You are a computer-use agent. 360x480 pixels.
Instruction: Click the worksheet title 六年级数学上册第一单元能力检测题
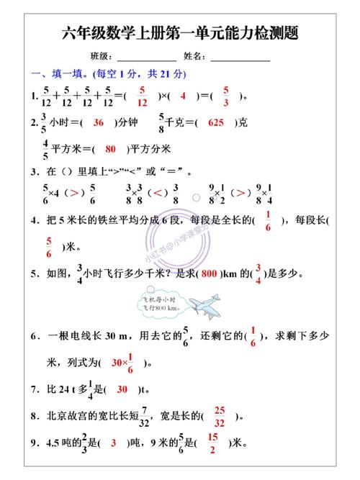coord(180,33)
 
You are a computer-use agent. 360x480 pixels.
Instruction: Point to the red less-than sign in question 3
coord(156,193)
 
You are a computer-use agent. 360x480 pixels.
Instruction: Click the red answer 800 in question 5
coord(209,273)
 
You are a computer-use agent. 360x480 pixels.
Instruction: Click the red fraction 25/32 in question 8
coord(220,416)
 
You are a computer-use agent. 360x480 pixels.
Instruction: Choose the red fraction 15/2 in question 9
coord(212,443)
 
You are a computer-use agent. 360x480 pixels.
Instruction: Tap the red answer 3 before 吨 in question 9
coord(113,443)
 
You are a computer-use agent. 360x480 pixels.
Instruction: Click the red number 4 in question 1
coord(183,96)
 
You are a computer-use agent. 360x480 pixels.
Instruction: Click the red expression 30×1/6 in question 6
coord(123,363)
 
